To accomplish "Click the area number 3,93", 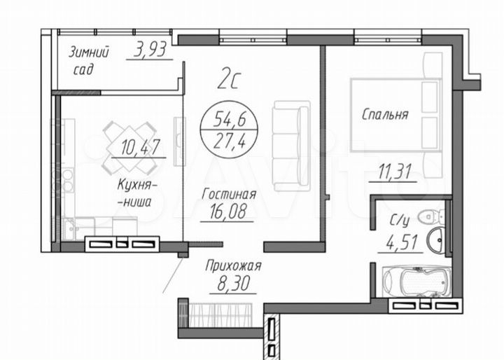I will point(149,50).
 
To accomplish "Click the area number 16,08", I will point(227,211).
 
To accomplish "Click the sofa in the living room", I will point(291,146).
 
